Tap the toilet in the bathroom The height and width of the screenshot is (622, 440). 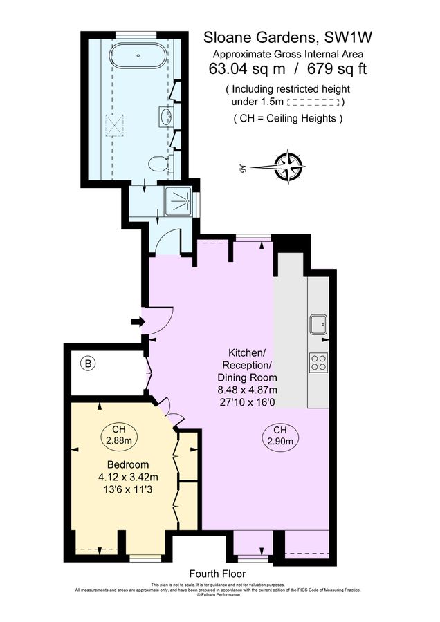click(x=159, y=164)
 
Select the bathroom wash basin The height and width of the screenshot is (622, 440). click(x=166, y=116)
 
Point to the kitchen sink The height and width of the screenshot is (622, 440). click(x=320, y=323)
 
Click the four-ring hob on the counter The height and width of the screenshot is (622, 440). click(x=320, y=361)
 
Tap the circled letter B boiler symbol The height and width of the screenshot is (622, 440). click(x=87, y=362)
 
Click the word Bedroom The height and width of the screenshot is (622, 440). click(x=126, y=464)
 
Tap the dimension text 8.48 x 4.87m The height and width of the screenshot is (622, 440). click(x=247, y=390)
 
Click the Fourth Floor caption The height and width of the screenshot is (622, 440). click(x=217, y=574)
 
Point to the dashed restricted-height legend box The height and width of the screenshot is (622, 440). click(x=314, y=102)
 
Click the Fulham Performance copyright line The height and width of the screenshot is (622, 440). click(x=219, y=594)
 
